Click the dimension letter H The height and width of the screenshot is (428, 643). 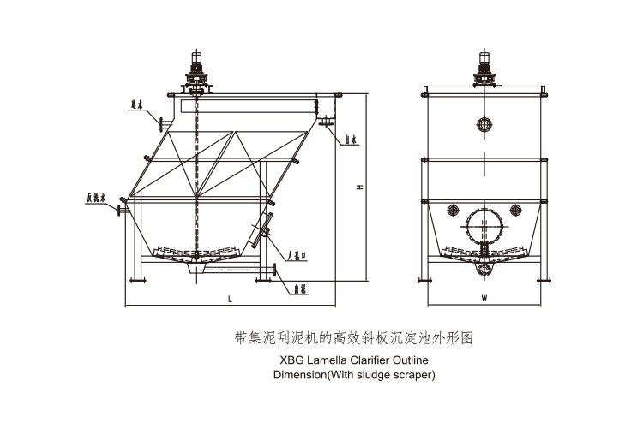pyautogui.click(x=362, y=187)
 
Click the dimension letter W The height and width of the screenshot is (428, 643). pyautogui.click(x=484, y=298)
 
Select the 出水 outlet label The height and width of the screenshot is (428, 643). pyautogui.click(x=352, y=138)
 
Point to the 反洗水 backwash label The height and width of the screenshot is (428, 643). pyautogui.click(x=95, y=198)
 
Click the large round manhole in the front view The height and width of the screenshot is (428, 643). pyautogui.click(x=485, y=228)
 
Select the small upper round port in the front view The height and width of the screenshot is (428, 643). pyautogui.click(x=486, y=125)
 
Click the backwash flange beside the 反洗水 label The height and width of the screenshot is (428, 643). pyautogui.click(x=123, y=205)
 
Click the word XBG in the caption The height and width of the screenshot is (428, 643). pyautogui.click(x=291, y=360)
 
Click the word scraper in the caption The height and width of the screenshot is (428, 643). pyautogui.click(x=414, y=374)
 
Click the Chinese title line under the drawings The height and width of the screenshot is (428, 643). pyautogui.click(x=352, y=337)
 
